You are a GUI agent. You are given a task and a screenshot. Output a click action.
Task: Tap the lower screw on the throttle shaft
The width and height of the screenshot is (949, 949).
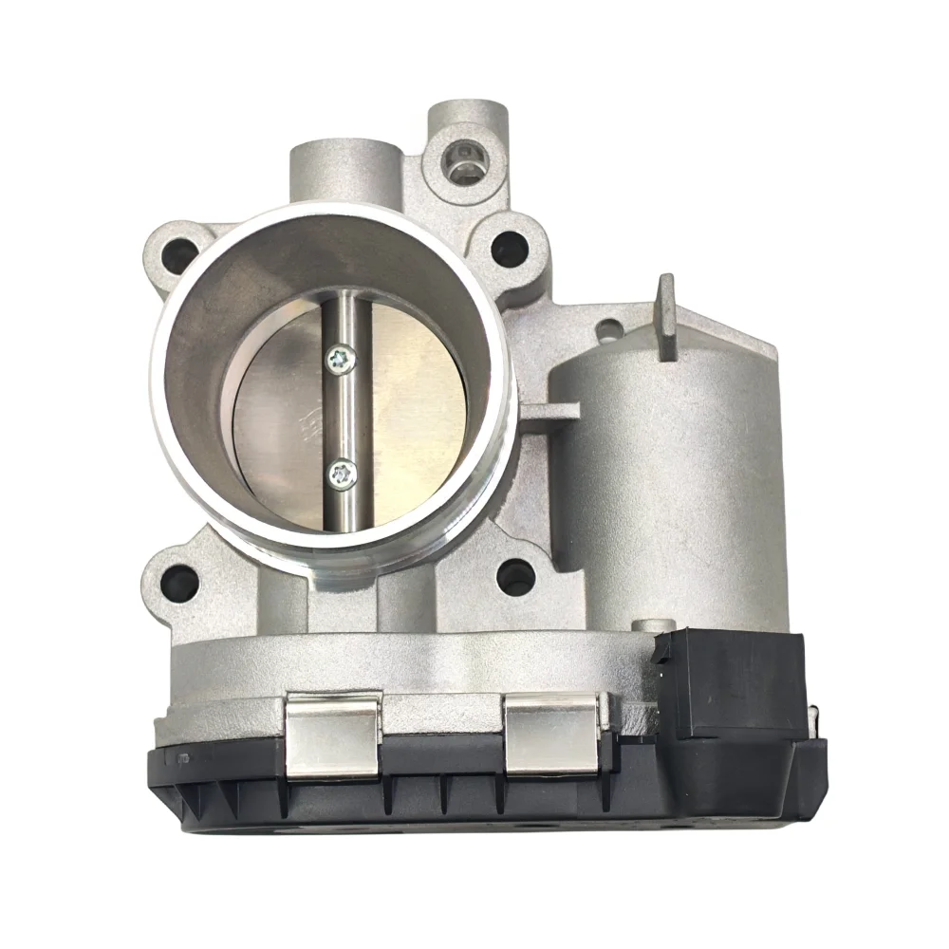[341, 472]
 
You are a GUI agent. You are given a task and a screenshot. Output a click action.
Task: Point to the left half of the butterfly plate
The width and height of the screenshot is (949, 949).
[280, 418]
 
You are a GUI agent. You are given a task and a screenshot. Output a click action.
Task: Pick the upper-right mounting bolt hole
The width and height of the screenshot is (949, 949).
[510, 248]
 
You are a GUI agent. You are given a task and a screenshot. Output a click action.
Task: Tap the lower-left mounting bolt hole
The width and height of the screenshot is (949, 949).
[179, 583]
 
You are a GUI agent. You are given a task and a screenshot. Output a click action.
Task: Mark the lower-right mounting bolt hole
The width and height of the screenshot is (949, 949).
[515, 575]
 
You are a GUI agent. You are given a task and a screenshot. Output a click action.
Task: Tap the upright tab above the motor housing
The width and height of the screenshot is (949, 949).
[667, 315]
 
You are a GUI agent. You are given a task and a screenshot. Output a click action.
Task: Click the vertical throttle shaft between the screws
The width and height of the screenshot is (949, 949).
[342, 415]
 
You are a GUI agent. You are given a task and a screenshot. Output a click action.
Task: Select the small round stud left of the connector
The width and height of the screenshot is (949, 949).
[645, 626]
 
